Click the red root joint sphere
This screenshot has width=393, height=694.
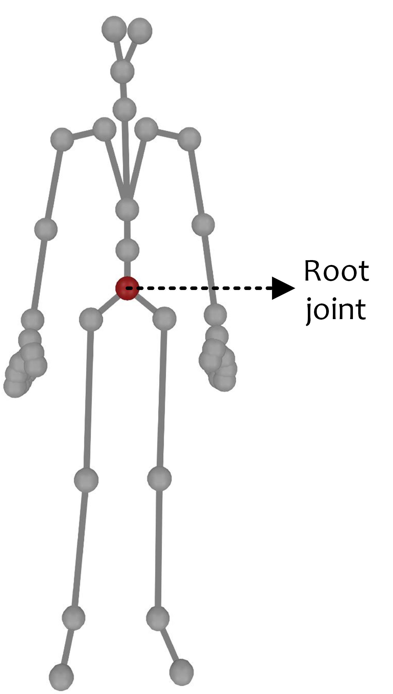click(x=127, y=288)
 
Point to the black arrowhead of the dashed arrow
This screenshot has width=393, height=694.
click(x=282, y=288)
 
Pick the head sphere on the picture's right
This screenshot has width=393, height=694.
click(x=140, y=30)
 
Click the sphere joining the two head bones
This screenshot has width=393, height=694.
click(x=122, y=71)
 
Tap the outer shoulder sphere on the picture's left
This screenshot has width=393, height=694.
click(x=62, y=140)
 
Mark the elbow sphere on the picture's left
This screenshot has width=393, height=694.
click(x=46, y=229)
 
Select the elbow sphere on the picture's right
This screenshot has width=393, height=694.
click(x=203, y=225)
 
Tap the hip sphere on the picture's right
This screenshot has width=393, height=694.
click(x=164, y=318)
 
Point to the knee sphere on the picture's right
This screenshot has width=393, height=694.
click(x=159, y=478)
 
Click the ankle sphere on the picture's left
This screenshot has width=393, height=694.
click(x=73, y=618)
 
